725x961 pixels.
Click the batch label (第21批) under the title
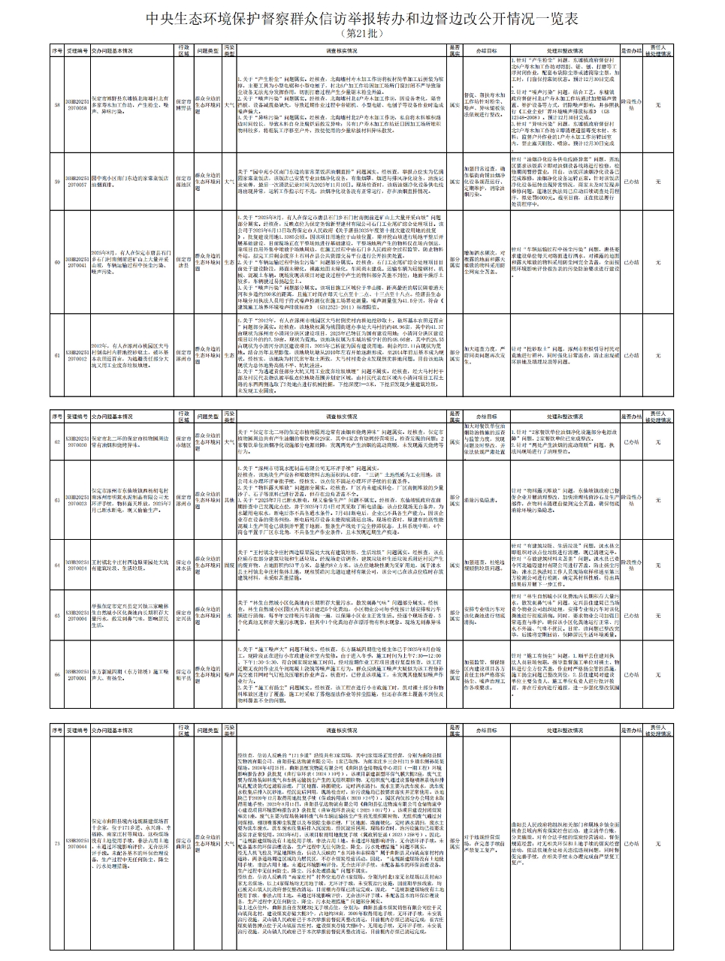(362, 35)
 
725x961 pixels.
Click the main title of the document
(362, 20)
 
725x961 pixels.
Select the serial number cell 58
(58, 104)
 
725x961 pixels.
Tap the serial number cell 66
(58, 675)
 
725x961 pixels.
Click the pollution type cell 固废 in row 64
(230, 565)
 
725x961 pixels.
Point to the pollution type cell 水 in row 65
(230, 616)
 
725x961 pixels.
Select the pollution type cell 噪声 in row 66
(230, 675)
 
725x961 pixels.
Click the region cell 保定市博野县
(184, 104)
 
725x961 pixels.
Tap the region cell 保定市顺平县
(184, 675)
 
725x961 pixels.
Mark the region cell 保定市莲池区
(184, 181)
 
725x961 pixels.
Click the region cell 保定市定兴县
(184, 616)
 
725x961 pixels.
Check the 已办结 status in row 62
(632, 442)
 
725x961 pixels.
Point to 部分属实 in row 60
(455, 264)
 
